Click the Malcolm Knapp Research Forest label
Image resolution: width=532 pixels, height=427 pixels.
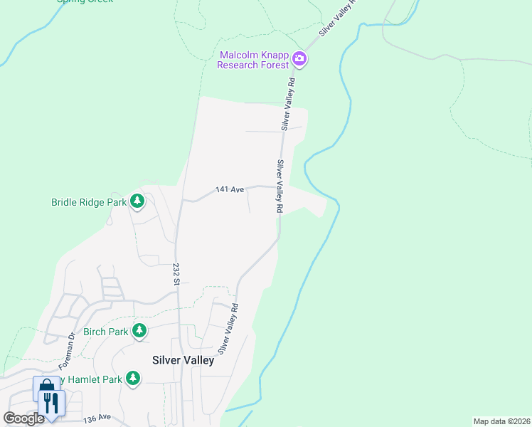255,60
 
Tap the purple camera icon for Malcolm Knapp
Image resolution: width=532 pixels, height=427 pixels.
299,59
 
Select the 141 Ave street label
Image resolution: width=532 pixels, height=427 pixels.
230,189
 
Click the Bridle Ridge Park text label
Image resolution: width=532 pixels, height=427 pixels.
88,202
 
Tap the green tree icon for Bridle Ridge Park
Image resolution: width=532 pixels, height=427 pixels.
137,202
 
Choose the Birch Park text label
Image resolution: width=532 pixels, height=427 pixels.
105,332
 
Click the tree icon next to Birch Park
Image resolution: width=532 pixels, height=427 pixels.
140,331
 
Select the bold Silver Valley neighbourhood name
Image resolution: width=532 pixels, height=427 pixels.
183,360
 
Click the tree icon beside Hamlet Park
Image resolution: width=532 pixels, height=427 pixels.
132,379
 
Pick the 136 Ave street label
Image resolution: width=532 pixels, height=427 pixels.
97,418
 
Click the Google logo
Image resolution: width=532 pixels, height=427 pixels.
23,418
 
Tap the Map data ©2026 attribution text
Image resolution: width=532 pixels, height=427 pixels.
501,421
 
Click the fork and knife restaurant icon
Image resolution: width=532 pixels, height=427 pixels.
51,403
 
